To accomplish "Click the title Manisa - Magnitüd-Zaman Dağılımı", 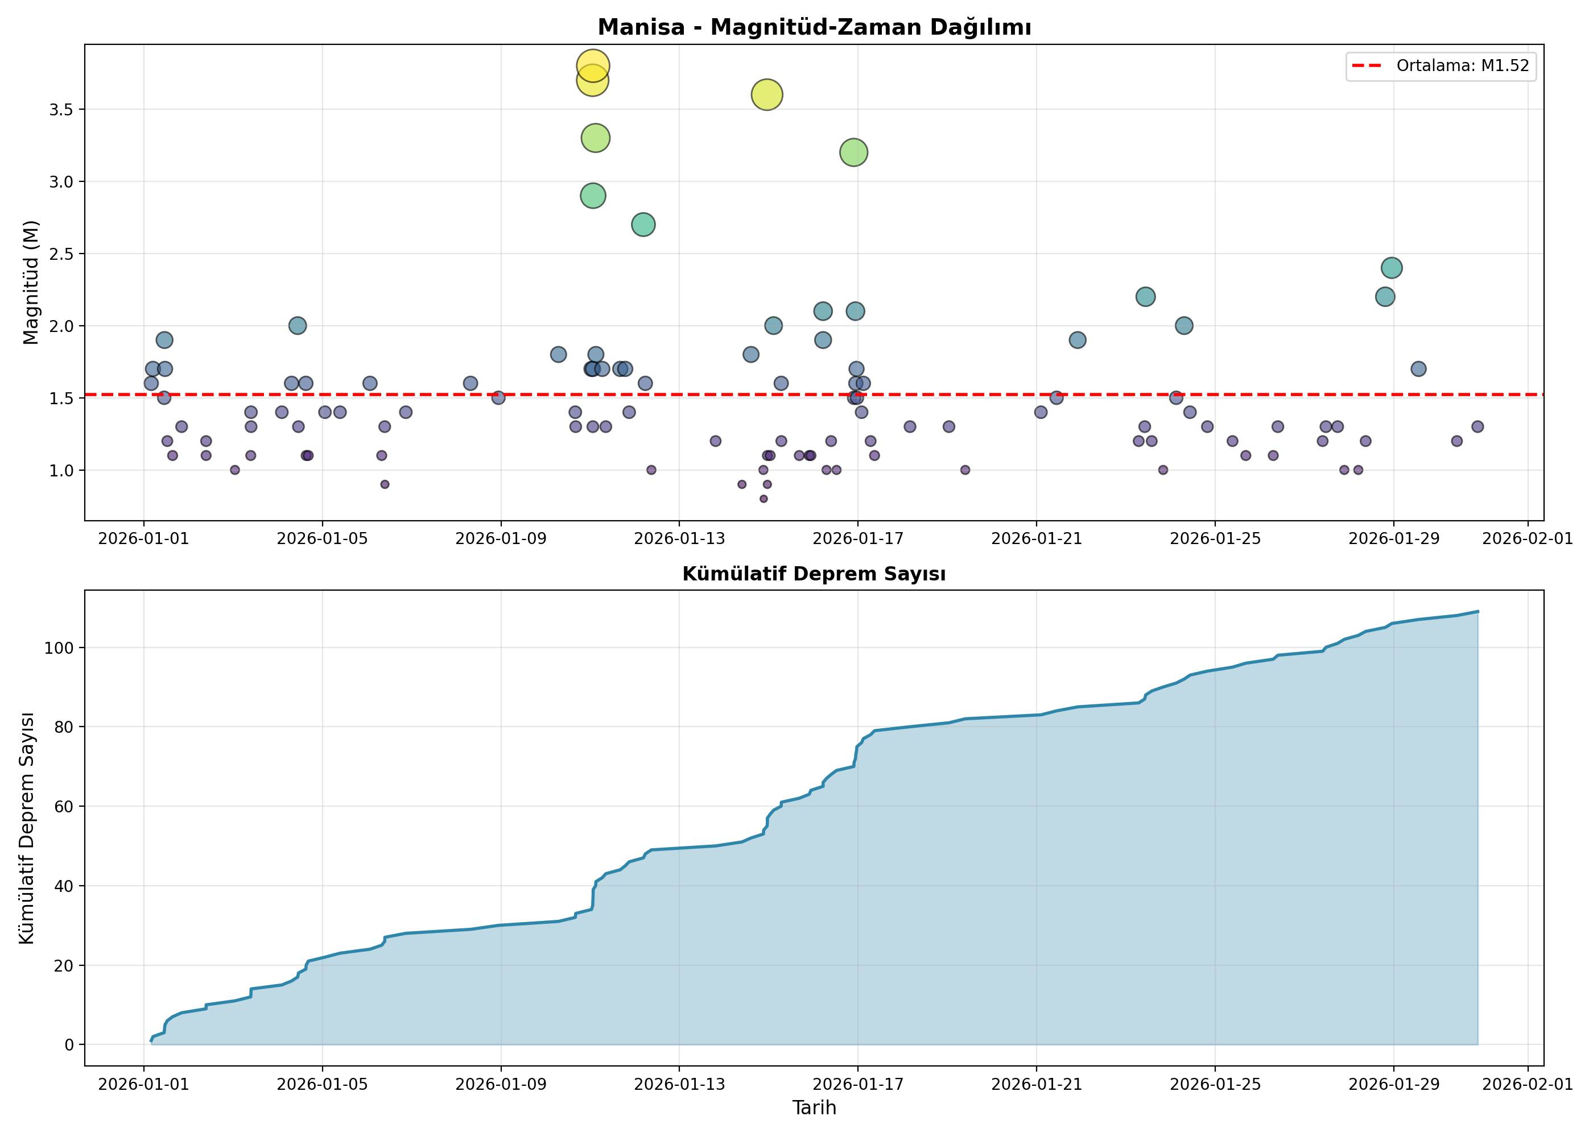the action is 814,27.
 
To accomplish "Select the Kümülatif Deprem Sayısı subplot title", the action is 814,574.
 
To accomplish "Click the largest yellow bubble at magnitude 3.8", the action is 593,66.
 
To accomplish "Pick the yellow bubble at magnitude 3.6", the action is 767,94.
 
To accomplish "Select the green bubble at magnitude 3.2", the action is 853,152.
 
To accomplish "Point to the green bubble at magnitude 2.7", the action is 643,225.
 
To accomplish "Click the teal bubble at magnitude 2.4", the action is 1391,267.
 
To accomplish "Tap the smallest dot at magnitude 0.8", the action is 764,499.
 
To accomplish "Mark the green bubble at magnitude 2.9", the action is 593,196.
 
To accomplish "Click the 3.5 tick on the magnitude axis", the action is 61,110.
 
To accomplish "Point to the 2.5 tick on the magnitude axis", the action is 61,254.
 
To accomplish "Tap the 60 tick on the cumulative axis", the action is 64,807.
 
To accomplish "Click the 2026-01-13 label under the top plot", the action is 679,538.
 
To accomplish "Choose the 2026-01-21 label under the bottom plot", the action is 1036,1085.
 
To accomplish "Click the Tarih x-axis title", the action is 814,1107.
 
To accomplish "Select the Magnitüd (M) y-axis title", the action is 30,282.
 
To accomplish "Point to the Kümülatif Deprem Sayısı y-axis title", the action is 26,828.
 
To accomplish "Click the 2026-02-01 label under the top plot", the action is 1528,538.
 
